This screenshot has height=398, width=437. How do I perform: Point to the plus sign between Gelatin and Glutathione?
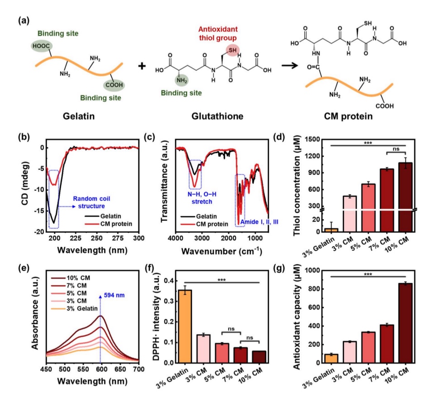(142, 66)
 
